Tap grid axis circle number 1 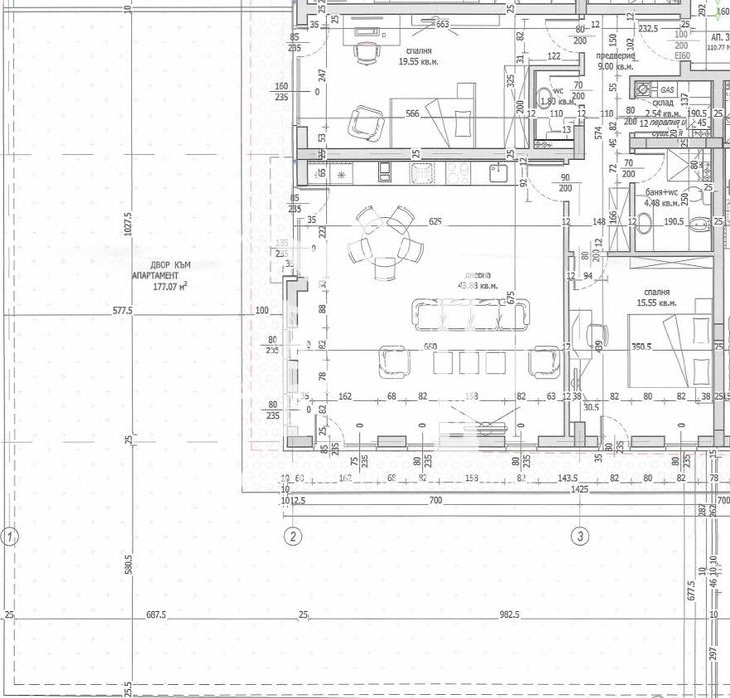click(10, 537)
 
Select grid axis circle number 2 click(292, 537)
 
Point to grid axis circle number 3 click(579, 537)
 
